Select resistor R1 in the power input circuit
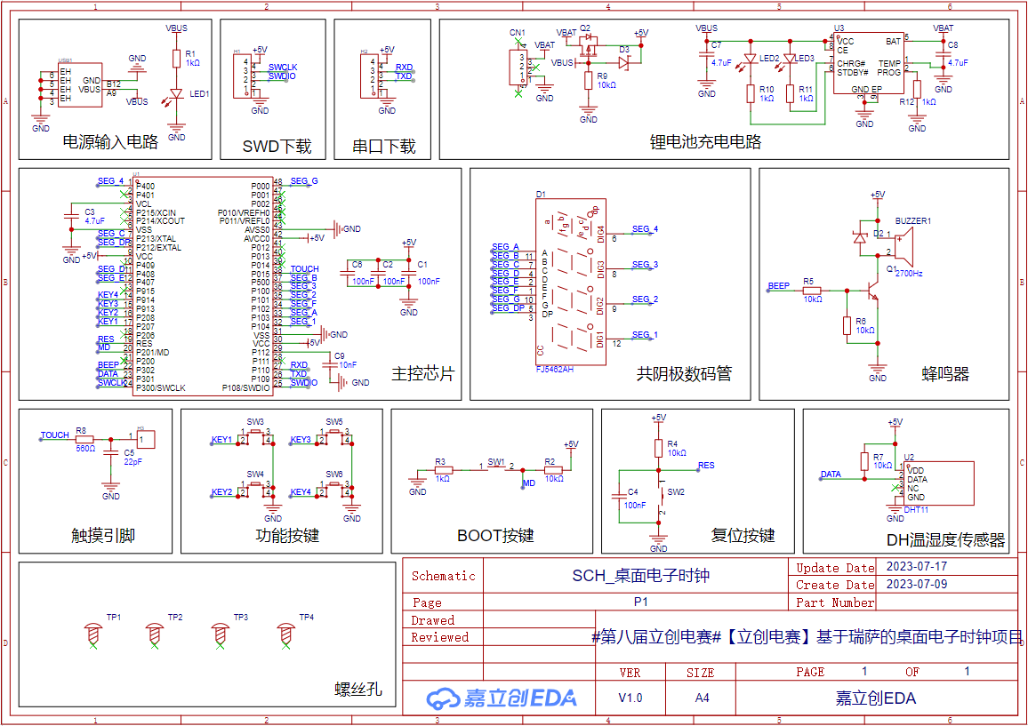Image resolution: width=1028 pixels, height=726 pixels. [x=176, y=59]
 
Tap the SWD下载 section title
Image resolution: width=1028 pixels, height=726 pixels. [x=277, y=147]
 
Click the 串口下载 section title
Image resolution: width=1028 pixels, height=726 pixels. [x=384, y=147]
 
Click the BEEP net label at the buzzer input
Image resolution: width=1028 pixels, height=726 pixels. [x=778, y=286]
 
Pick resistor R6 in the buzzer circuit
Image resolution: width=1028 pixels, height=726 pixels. [x=847, y=326]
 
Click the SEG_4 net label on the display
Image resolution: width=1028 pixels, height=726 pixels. [x=645, y=229]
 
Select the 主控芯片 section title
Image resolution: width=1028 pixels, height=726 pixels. [x=422, y=374]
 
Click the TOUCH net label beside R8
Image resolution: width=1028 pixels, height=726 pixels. [x=54, y=435]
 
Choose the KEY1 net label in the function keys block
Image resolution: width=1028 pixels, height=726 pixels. [x=221, y=440]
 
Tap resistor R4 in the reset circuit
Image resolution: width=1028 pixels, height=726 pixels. [x=658, y=447]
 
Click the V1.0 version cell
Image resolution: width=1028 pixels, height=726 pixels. [x=630, y=698]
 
